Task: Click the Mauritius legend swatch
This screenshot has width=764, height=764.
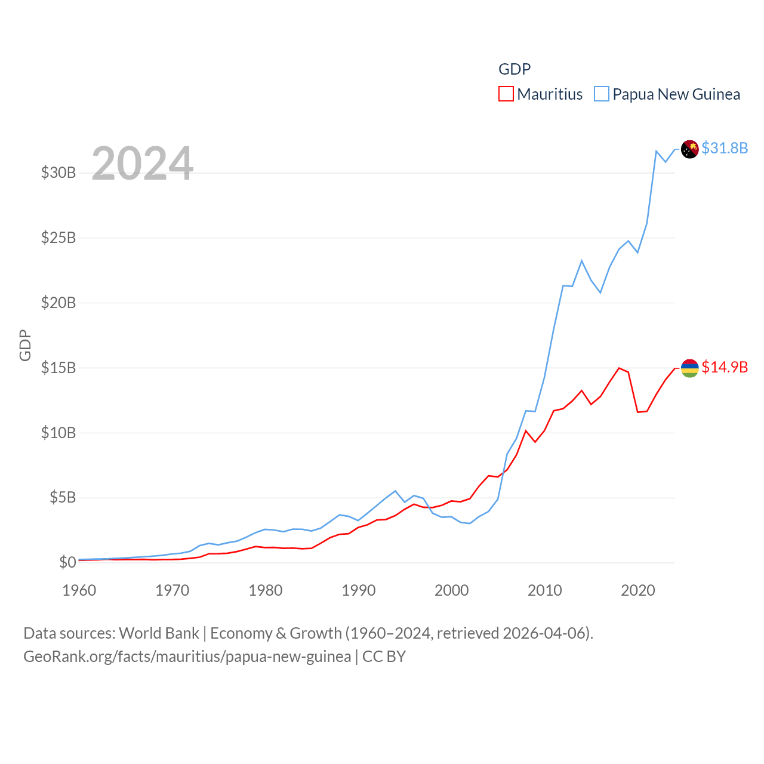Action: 506,94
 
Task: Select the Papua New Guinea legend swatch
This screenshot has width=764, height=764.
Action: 601,94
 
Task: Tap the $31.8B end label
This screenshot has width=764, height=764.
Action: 724,148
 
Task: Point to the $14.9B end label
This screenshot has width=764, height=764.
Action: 724,367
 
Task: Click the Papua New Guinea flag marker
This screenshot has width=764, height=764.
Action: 689,149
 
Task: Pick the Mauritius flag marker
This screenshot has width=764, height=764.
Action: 689,368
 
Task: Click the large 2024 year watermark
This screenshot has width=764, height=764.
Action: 142,164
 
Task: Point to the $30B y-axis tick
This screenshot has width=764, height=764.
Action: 58,173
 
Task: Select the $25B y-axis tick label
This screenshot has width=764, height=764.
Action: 58,238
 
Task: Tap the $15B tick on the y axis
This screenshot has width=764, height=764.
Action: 58,368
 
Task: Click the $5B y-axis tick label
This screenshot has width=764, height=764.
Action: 63,498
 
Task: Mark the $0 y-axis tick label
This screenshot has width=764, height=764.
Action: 67,562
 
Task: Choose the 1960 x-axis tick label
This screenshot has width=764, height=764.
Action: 79,591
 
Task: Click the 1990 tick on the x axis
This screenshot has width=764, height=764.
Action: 359,591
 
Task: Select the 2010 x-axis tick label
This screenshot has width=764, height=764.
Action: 545,591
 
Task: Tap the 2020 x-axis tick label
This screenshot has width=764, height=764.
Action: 638,591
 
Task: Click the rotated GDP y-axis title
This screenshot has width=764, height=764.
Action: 25,345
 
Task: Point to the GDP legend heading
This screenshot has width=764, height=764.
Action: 515,69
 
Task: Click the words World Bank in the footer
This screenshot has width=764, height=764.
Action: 159,633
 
